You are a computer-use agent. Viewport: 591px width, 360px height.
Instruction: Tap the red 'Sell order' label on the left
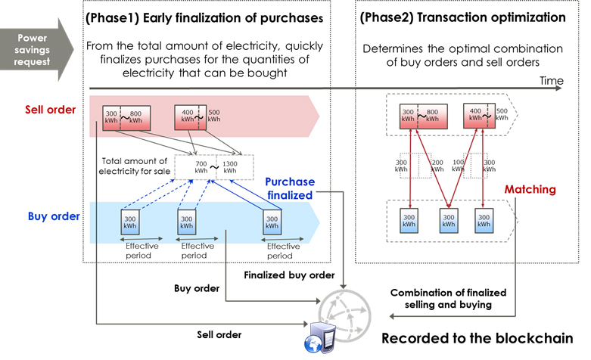(x=50, y=110)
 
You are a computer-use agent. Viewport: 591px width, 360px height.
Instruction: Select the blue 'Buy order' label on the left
(x=53, y=216)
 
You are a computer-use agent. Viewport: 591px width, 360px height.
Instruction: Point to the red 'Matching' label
(x=530, y=189)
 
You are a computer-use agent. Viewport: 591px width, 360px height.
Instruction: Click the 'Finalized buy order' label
(x=278, y=275)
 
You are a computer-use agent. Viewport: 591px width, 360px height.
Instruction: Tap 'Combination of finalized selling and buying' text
(x=448, y=298)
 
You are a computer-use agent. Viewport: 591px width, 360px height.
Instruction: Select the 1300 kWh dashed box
(x=235, y=167)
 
